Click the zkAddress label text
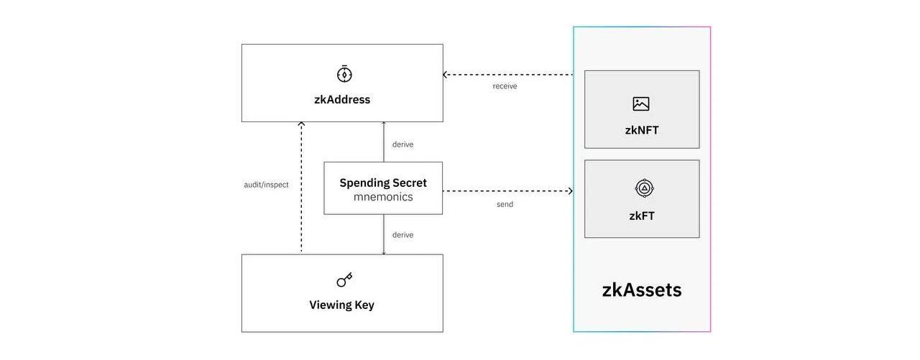pyautogui.click(x=342, y=100)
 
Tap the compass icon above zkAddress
pyautogui.click(x=344, y=74)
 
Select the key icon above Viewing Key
pyautogui.click(x=344, y=280)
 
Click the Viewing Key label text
pyautogui.click(x=342, y=305)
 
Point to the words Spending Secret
pyautogui.click(x=383, y=183)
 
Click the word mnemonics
pyautogui.click(x=383, y=197)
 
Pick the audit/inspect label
pyautogui.click(x=266, y=185)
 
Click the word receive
pyautogui.click(x=505, y=86)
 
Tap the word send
pyautogui.click(x=505, y=205)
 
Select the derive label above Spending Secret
pyautogui.click(x=402, y=144)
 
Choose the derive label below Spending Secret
pyautogui.click(x=402, y=235)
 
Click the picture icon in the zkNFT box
pyautogui.click(x=641, y=103)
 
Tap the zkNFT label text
pyautogui.click(x=642, y=130)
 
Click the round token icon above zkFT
pyautogui.click(x=644, y=188)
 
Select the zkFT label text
pyautogui.click(x=642, y=216)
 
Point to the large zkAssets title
pyautogui.click(x=642, y=290)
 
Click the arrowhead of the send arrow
pyautogui.click(x=570, y=191)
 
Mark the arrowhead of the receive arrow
pyautogui.click(x=446, y=75)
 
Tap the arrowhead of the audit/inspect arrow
pyautogui.click(x=301, y=125)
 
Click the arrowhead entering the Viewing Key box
pyautogui.click(x=384, y=252)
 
